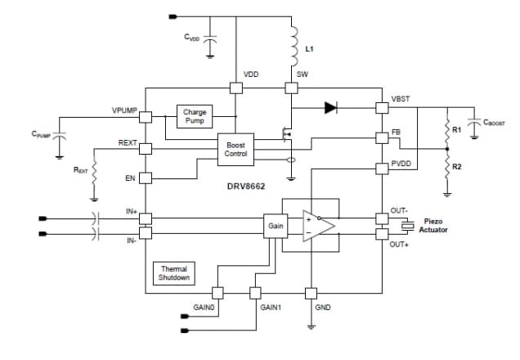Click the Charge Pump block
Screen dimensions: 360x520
pos(195,115)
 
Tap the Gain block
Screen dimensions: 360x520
pos(275,225)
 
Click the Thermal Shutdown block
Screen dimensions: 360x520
pos(174,273)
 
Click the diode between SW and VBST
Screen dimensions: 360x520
pos(330,106)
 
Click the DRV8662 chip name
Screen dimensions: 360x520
pos(244,186)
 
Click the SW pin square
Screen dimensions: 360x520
pos(289,88)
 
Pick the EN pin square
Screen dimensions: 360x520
pos(145,178)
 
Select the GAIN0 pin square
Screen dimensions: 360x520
pos(217,292)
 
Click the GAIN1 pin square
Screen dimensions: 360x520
pos(253,292)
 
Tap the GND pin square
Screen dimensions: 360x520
pos(311,292)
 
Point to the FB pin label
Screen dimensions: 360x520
pos(396,131)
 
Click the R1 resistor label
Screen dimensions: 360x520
pos(456,129)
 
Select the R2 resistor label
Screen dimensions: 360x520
pos(456,167)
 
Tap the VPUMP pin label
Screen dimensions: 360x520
pos(124,110)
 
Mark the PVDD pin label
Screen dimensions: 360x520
pos(401,164)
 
